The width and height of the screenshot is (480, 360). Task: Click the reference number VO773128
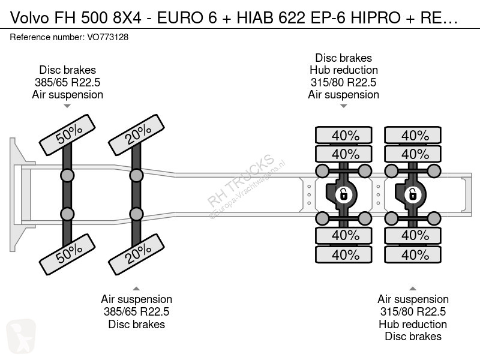pyautogui.click(x=108, y=37)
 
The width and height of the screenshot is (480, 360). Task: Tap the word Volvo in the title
pyautogui.click(x=29, y=18)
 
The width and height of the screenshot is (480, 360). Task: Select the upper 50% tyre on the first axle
pyautogui.click(x=67, y=134)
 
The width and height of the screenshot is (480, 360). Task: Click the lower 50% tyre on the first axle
pyautogui.click(x=67, y=254)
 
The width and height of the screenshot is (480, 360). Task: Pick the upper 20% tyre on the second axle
pyautogui.click(x=137, y=134)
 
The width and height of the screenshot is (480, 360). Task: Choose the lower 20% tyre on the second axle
pyautogui.click(x=137, y=254)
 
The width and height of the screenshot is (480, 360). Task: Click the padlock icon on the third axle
pyautogui.click(x=343, y=194)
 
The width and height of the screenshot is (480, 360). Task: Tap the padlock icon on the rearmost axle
pyautogui.click(x=413, y=194)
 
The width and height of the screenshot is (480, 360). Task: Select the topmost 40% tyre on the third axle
pyautogui.click(x=344, y=135)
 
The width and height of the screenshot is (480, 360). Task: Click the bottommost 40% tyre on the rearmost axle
pyautogui.click(x=413, y=254)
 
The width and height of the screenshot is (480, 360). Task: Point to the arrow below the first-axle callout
pyautogui.click(x=67, y=106)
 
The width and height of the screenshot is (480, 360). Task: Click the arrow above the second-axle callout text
pyautogui.click(x=136, y=289)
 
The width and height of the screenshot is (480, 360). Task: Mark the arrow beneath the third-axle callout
pyautogui.click(x=343, y=106)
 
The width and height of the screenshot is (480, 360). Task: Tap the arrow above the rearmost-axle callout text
pyautogui.click(x=413, y=289)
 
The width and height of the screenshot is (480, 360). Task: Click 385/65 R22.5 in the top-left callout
pyautogui.click(x=67, y=82)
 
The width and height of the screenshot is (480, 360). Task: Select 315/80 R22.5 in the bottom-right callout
pyautogui.click(x=413, y=311)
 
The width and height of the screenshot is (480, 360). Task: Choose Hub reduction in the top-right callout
pyautogui.click(x=343, y=70)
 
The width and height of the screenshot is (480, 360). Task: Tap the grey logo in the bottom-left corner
pyautogui.click(x=21, y=336)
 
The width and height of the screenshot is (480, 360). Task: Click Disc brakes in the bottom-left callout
pyautogui.click(x=137, y=324)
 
